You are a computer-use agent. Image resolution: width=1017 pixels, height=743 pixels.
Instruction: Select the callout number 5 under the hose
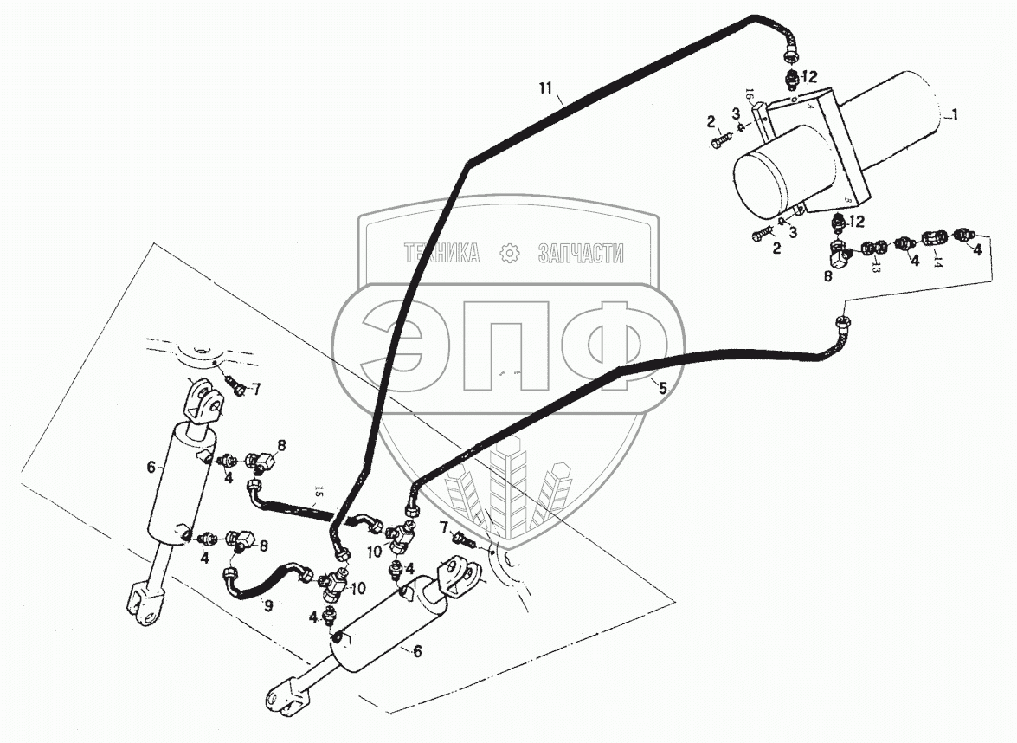pyautogui.click(x=663, y=389)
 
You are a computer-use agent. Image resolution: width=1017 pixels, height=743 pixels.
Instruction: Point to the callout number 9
pyautogui.click(x=267, y=606)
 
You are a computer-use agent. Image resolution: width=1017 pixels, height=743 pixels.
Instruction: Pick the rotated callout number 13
pyautogui.click(x=876, y=268)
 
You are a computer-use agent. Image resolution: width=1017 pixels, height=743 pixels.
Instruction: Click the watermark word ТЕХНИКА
pyautogui.click(x=441, y=253)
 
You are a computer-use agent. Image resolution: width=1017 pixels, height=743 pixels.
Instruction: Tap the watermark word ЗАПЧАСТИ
pyautogui.click(x=581, y=253)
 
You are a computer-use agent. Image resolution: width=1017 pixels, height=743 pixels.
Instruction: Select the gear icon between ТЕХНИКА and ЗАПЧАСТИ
pyautogui.click(x=509, y=253)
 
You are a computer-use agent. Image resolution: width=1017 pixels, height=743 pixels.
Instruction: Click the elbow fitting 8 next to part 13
pyautogui.click(x=840, y=254)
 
